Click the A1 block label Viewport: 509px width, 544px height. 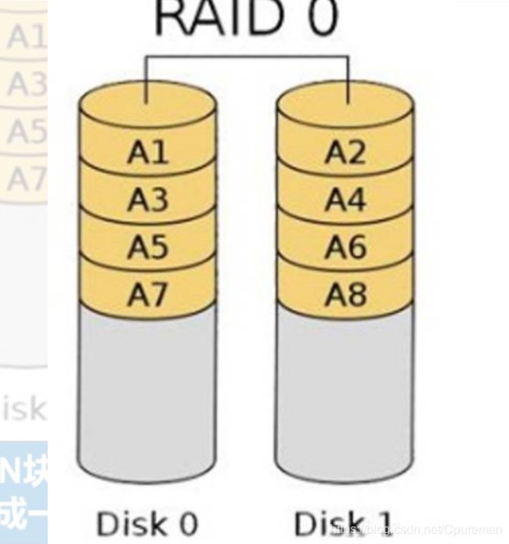pyautogui.click(x=147, y=152)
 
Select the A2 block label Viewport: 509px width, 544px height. pyautogui.click(x=345, y=152)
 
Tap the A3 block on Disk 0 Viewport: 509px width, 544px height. pyautogui.click(x=147, y=200)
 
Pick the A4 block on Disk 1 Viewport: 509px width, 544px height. pyautogui.click(x=345, y=200)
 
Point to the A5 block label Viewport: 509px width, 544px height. pyautogui.click(x=147, y=247)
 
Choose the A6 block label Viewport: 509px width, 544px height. pyautogui.click(x=345, y=247)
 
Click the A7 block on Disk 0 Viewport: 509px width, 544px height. pyautogui.click(x=147, y=294)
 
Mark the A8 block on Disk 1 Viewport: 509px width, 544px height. pyautogui.click(x=345, y=294)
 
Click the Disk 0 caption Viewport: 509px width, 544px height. pyautogui.click(x=146, y=523)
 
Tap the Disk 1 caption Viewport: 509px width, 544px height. pyautogui.click(x=342, y=523)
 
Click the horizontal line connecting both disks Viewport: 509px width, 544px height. pyautogui.click(x=247, y=56)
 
